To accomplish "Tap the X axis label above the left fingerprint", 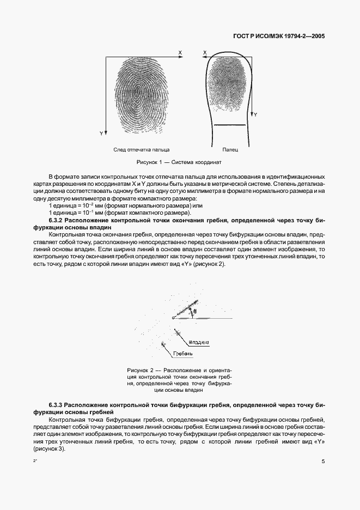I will pos(179,52).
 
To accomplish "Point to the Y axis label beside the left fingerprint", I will pos(101,133).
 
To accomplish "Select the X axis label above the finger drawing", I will pos(205,53).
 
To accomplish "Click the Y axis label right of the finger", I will pos(255,116).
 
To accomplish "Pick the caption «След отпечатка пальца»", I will pos(141,149).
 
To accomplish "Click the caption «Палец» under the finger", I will pos(230,149).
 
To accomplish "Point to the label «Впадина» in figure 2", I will pos(199,342).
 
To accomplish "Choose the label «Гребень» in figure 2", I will pos(183,354).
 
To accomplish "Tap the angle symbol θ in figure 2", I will pos(196,312).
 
